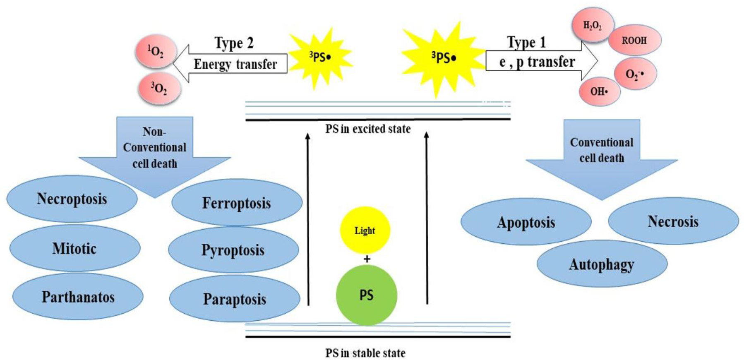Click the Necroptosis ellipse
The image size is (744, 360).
click(72, 199)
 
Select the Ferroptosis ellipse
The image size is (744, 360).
click(237, 203)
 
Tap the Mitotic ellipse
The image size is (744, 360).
click(75, 248)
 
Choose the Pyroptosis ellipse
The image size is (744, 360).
click(233, 250)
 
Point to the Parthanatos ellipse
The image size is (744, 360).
click(78, 297)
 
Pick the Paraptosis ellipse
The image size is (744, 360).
click(235, 299)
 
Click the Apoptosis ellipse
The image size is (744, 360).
click(526, 222)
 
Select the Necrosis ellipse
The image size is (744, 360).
click(673, 221)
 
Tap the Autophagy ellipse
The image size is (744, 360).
click(602, 264)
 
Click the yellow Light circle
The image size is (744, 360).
click(365, 230)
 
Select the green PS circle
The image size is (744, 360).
click(366, 295)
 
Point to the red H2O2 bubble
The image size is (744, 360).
click(593, 25)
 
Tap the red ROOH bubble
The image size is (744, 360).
click(634, 40)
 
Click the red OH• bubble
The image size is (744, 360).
click(599, 91)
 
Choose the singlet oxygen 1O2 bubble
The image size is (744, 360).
click(156, 51)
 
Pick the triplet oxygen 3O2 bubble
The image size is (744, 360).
click(159, 89)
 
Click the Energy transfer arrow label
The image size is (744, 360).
click(235, 64)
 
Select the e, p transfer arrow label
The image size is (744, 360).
click(537, 62)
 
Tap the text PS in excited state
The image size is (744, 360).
click(368, 129)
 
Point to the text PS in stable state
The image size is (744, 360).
click(365, 353)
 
